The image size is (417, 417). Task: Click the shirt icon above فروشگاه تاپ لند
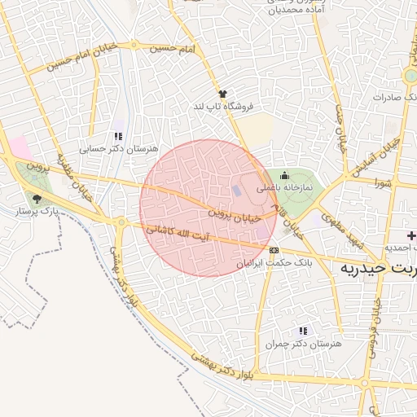pyautogui.click(x=222, y=94)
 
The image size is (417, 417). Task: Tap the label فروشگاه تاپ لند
pyautogui.click(x=223, y=107)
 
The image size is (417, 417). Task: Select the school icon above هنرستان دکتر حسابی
pyautogui.click(x=119, y=137)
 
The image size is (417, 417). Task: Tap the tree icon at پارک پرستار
pyautogui.click(x=37, y=199)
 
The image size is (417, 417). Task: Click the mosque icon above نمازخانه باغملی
pyautogui.click(x=284, y=174)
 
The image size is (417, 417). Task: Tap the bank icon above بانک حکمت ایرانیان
pyautogui.click(x=274, y=250)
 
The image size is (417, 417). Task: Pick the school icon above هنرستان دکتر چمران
pyautogui.click(x=304, y=331)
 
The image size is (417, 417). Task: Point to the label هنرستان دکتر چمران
pyautogui.click(x=302, y=345)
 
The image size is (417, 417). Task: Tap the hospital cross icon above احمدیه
pyautogui.click(x=411, y=235)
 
